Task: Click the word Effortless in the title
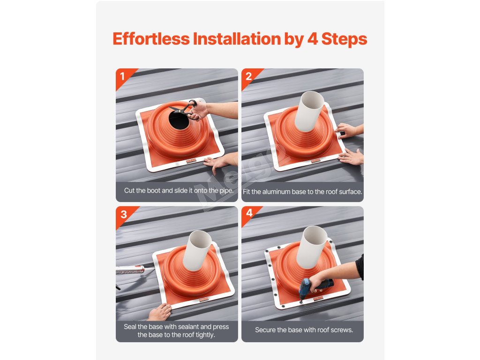[151, 38]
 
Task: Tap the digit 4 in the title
[312, 39]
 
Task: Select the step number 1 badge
[123, 76]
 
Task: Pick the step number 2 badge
[248, 76]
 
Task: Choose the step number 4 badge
[249, 213]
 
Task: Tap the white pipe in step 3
[197, 251]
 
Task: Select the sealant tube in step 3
[132, 270]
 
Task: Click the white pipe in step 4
[312, 247]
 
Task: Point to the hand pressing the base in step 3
[159, 312]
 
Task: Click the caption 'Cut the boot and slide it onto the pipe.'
[179, 190]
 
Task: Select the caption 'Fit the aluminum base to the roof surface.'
[302, 192]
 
